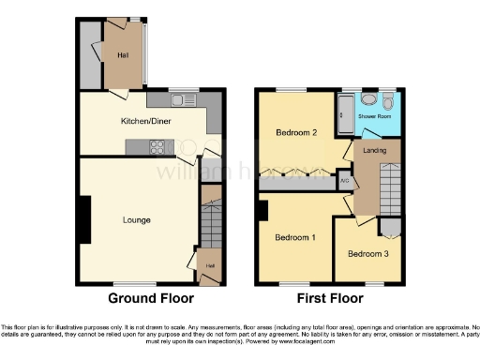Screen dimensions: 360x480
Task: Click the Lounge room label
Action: point(136,219)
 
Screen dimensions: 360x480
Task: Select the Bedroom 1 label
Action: point(294,237)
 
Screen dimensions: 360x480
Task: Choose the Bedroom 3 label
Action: point(367,254)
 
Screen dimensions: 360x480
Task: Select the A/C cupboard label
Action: point(344,180)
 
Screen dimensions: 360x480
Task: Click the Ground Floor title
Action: point(151,298)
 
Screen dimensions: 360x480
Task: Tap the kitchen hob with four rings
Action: point(158,145)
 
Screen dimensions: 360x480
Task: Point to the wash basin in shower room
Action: point(367,97)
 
